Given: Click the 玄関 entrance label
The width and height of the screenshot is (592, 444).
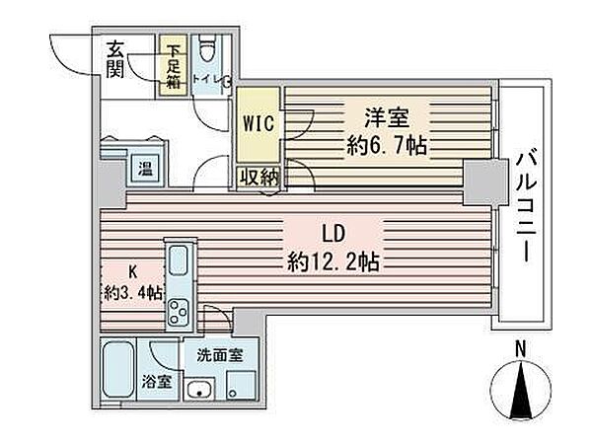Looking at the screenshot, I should pos(114,58).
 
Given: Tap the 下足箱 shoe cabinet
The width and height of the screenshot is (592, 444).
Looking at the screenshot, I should pos(174,66).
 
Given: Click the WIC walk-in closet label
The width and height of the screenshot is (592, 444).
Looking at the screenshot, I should pos(258,123).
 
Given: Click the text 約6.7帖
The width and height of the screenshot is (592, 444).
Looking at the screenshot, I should pos(386,146).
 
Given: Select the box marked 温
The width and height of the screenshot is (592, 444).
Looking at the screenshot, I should pos(144,168).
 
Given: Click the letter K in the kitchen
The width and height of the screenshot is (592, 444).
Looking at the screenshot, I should pos(131,269).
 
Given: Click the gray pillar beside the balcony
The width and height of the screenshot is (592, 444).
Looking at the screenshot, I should pos(481,181).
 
